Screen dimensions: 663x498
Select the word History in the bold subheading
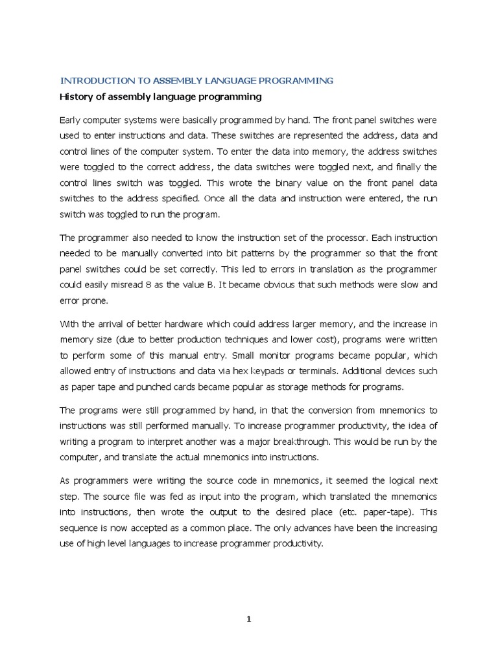76,97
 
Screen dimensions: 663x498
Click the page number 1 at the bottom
248,620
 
